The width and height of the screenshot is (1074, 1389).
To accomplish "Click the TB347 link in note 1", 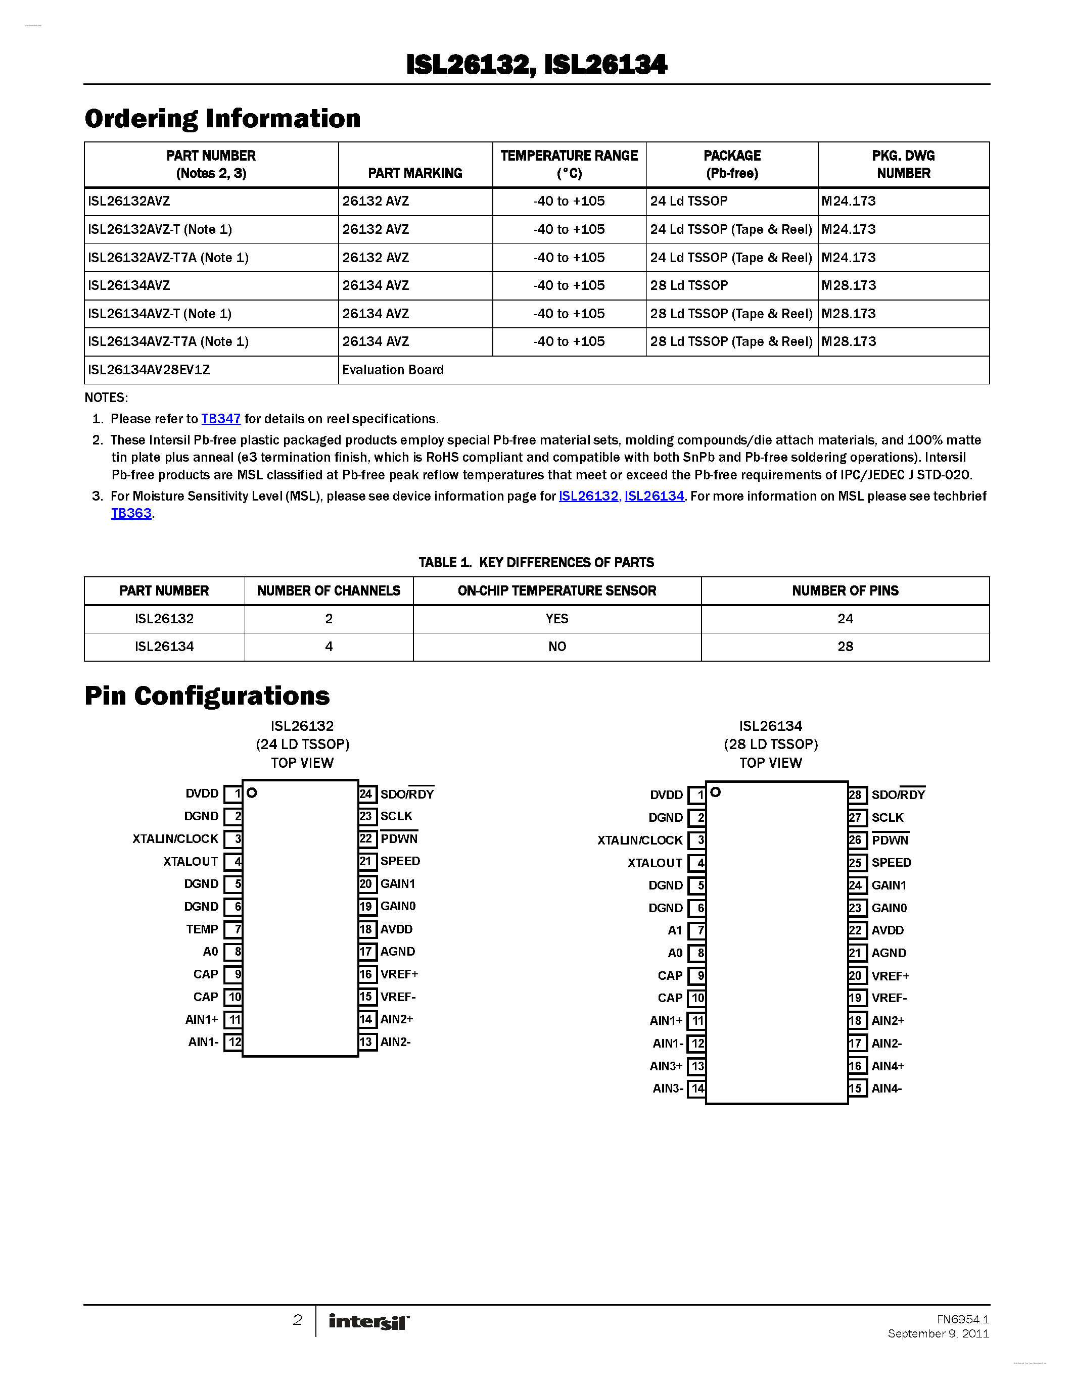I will click(x=221, y=419).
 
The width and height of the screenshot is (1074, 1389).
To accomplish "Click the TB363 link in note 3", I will click(x=131, y=513).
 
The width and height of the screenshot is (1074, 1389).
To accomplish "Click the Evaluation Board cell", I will click(x=393, y=370).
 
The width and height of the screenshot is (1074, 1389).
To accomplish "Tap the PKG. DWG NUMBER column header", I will click(x=903, y=164).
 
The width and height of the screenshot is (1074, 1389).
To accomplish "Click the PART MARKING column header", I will click(x=415, y=173).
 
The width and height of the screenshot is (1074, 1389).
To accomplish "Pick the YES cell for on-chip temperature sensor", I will click(x=557, y=618).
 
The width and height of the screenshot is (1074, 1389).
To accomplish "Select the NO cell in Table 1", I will click(x=557, y=646).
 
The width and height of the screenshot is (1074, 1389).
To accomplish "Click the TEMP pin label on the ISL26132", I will click(x=202, y=929).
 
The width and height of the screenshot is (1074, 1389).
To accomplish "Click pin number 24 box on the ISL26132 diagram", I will click(x=366, y=793).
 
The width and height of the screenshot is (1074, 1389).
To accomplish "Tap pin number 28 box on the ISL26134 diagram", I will click(x=855, y=795).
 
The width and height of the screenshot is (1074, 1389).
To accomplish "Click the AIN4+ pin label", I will click(x=888, y=1066).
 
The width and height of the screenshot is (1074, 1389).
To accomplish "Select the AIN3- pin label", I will click(x=668, y=1088).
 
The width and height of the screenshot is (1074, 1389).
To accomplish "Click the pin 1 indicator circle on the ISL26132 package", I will click(x=252, y=792).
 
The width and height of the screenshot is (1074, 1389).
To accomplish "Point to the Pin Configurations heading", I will click(x=207, y=696).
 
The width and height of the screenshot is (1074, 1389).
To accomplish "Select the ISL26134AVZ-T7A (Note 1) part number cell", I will click(x=168, y=341).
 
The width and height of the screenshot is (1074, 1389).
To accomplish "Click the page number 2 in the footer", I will click(x=297, y=1320).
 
